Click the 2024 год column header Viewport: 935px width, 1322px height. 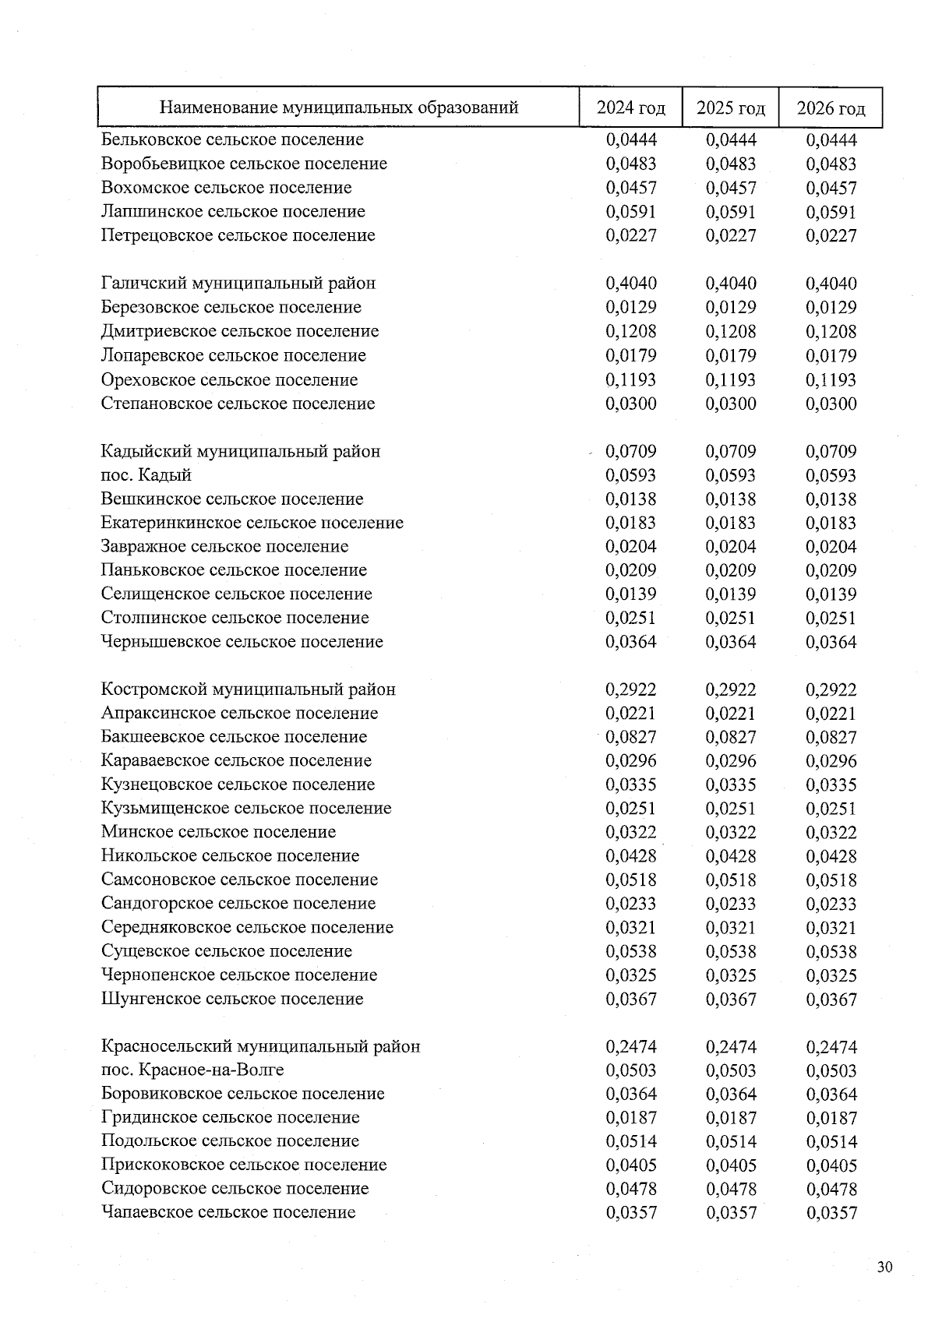[x=630, y=108]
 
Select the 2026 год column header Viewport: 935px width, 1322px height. [x=831, y=108]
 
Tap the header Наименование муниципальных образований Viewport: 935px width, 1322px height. [x=338, y=108]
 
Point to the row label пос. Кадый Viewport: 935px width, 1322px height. [x=146, y=475]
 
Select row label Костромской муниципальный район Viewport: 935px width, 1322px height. [x=248, y=689]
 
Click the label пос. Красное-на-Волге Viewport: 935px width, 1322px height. [x=192, y=1070]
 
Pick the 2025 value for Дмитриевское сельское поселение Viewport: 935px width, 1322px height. [x=730, y=331]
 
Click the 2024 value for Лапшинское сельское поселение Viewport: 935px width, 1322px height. [x=630, y=212]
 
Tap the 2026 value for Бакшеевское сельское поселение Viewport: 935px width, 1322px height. [x=831, y=737]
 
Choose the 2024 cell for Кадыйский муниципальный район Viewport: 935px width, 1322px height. [x=630, y=451]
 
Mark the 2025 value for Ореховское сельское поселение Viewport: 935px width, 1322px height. [x=730, y=380]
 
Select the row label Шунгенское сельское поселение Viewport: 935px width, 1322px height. [x=231, y=999]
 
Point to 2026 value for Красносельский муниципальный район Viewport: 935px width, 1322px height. [x=831, y=1047]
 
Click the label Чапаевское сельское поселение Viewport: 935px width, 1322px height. [x=228, y=1212]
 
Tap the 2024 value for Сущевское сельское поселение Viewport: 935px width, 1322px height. [x=630, y=951]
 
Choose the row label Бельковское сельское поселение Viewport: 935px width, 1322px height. [x=231, y=139]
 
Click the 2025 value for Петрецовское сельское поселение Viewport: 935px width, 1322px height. [x=730, y=235]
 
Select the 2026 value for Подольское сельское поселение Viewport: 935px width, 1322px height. [x=831, y=1141]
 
